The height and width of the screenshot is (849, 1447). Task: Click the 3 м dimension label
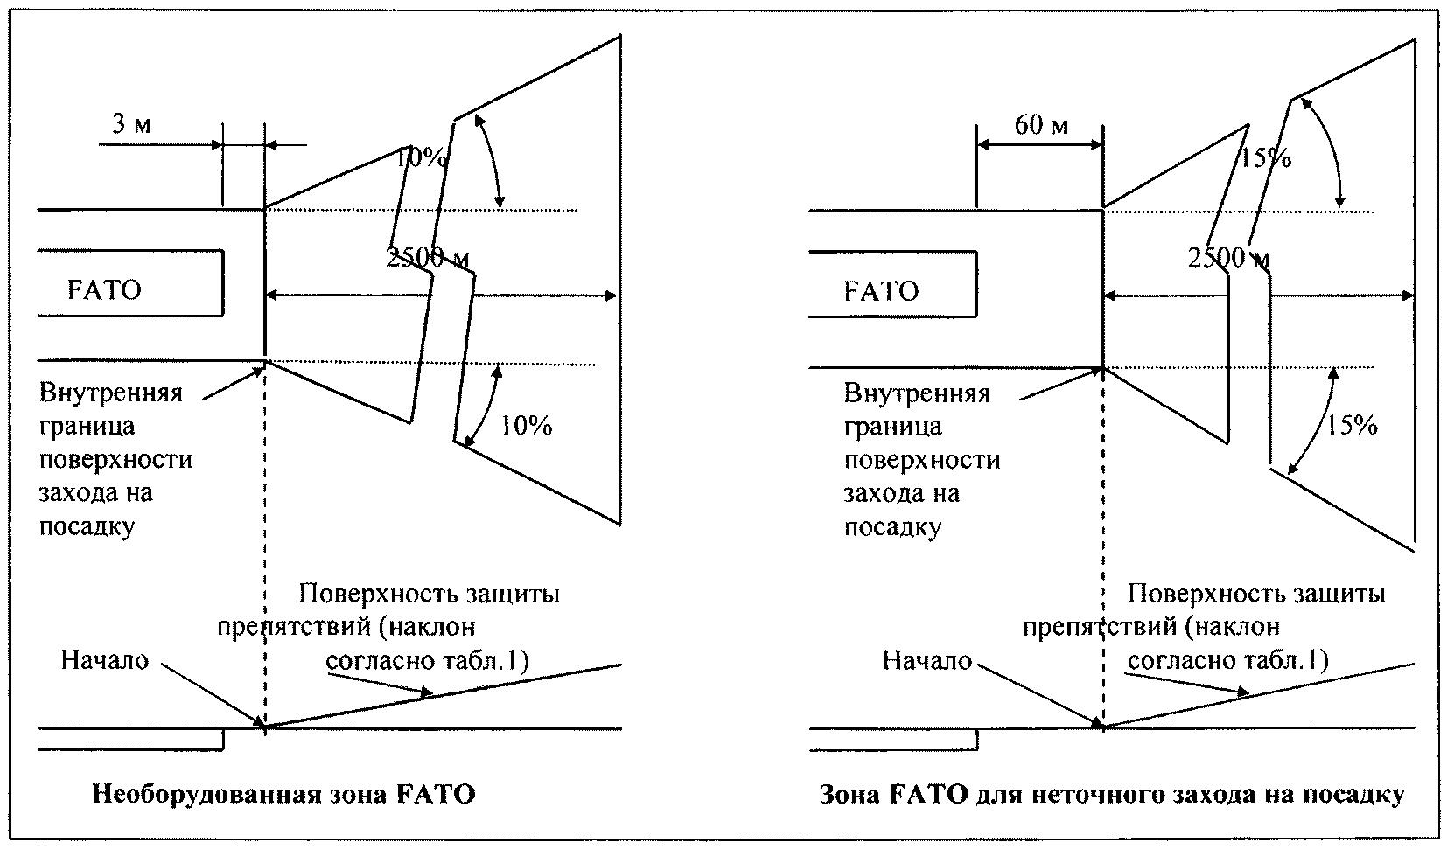pyautogui.click(x=132, y=122)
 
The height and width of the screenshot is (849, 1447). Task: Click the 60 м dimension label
pyautogui.click(x=1041, y=124)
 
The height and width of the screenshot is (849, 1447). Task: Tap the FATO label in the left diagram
pyautogui.click(x=104, y=290)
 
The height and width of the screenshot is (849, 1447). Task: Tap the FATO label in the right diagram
pyautogui.click(x=881, y=291)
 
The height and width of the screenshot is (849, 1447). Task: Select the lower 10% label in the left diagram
pyautogui.click(x=527, y=426)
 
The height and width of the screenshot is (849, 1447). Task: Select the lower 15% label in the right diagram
pyautogui.click(x=1352, y=425)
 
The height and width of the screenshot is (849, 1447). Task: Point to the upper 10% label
pyautogui.click(x=420, y=157)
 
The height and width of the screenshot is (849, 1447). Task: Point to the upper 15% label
pyautogui.click(x=1265, y=157)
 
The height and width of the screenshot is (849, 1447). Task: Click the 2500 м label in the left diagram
pyautogui.click(x=428, y=258)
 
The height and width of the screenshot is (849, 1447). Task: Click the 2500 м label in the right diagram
pyautogui.click(x=1228, y=258)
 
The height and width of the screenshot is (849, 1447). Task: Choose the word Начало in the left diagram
pyautogui.click(x=105, y=660)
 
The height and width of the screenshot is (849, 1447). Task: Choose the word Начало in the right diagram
pyautogui.click(x=927, y=660)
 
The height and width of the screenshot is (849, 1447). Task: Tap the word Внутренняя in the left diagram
pyautogui.click(x=111, y=393)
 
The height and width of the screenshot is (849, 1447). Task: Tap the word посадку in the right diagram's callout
pyautogui.click(x=892, y=527)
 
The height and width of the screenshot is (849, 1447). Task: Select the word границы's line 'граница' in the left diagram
pyautogui.click(x=87, y=427)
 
